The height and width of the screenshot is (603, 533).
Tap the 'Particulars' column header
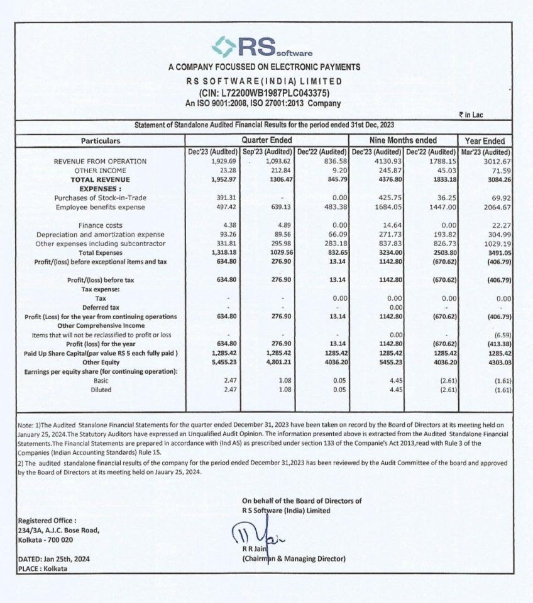click(x=101, y=141)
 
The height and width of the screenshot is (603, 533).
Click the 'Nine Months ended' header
click(x=403, y=140)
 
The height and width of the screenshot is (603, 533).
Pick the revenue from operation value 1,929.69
click(x=223, y=162)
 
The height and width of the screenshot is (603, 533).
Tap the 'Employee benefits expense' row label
click(x=101, y=207)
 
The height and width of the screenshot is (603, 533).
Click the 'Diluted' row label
click(x=101, y=390)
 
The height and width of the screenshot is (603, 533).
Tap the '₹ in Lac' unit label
click(x=470, y=115)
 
